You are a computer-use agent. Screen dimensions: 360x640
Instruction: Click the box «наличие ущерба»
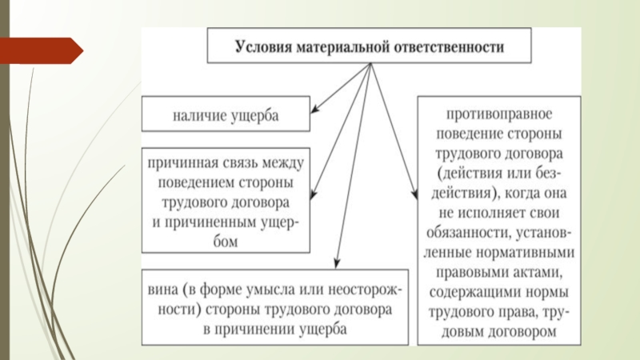pyautogui.click(x=226, y=115)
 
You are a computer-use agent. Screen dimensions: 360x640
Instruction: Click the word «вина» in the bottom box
pyautogui.click(x=163, y=288)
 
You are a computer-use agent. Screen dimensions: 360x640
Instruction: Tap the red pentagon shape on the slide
pyautogui.click(x=41, y=50)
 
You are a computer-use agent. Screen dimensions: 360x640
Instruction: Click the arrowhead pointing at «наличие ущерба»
pyautogui.click(x=314, y=110)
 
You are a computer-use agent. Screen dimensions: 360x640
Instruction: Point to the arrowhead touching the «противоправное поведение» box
pyautogui.click(x=414, y=193)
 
